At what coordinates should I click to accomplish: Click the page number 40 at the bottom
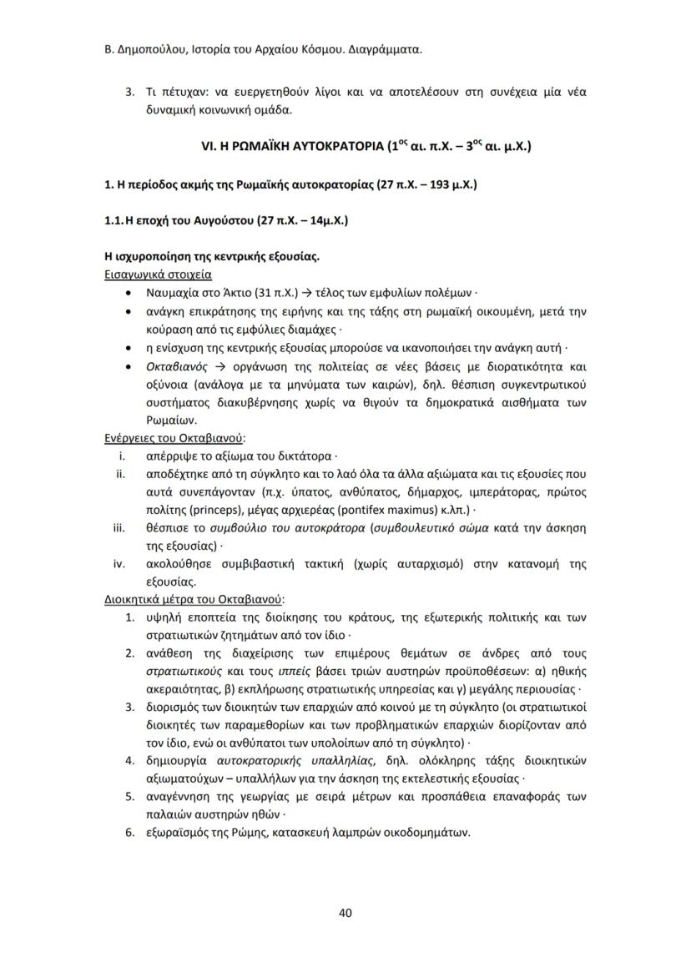click(345, 912)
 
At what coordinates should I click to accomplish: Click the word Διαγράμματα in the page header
click(382, 50)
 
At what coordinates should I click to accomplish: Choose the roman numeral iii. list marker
click(119, 527)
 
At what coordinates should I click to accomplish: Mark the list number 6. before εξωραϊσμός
click(130, 832)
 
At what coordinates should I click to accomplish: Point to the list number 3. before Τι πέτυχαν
click(130, 90)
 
